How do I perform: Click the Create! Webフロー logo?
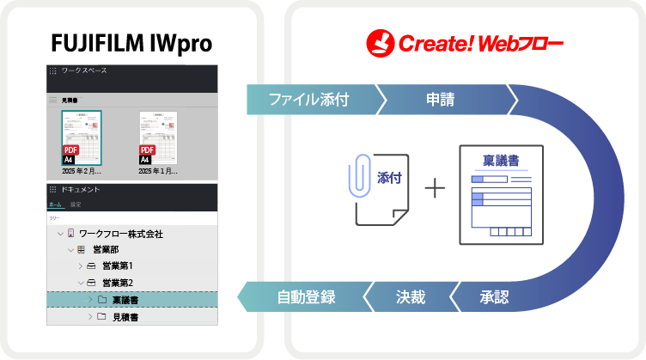coord(464,40)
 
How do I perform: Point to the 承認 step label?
coord(495,297)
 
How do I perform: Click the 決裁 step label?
coord(410,297)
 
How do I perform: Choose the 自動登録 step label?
coord(306,297)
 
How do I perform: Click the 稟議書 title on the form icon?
coord(501,161)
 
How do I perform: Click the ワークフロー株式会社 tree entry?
coord(120,234)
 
